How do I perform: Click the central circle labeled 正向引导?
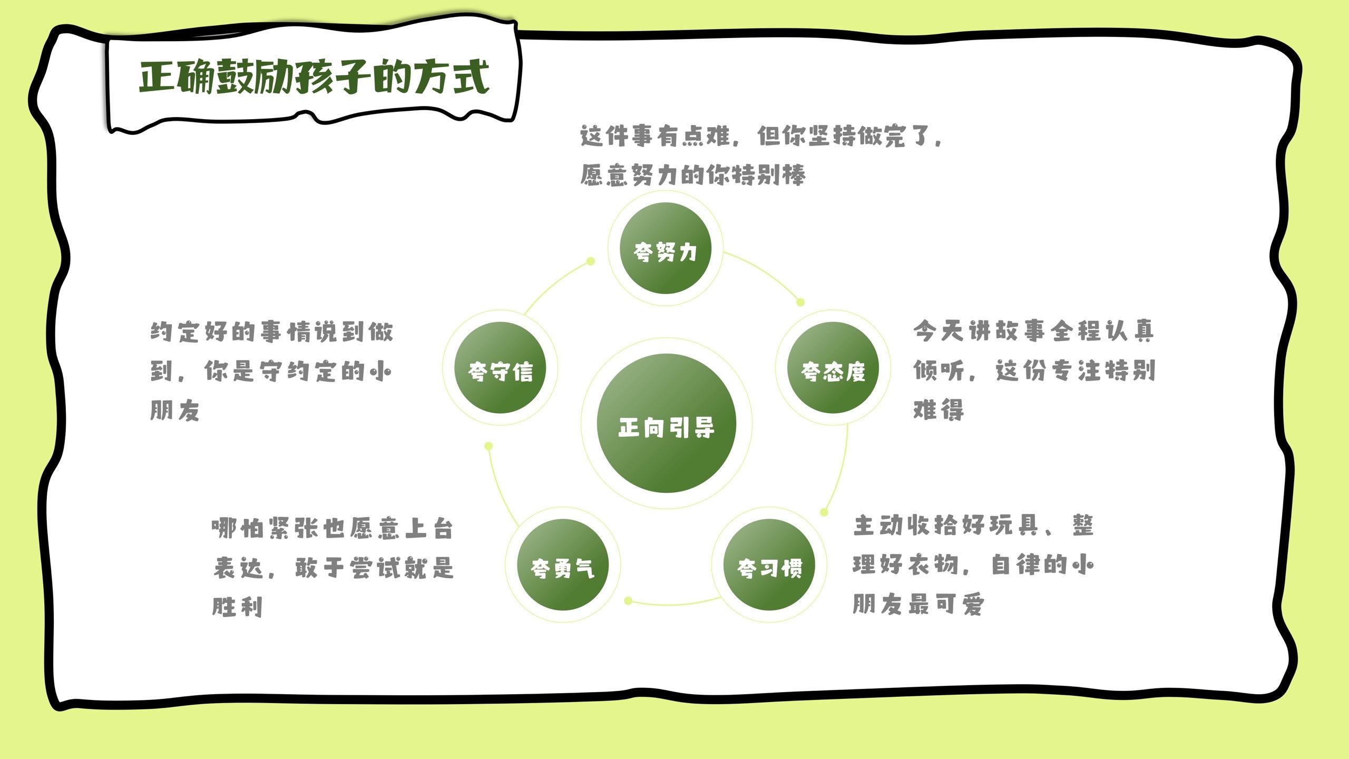666,423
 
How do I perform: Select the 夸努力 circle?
665,248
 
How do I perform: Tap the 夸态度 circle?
833,367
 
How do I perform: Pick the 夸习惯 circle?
769,565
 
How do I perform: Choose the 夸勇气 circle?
563,565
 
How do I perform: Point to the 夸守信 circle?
501,367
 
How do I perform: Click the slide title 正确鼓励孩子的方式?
315,77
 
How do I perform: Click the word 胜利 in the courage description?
238,607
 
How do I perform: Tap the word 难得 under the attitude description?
939,410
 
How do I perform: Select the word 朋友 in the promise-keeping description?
175,410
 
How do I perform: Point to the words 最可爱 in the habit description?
946,604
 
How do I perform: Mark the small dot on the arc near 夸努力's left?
591,261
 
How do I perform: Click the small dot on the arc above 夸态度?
800,302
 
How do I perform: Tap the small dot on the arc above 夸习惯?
824,512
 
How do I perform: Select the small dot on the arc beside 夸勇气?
628,600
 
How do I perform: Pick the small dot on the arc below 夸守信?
488,446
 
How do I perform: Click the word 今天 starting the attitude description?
939,331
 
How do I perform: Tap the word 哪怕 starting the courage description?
238,528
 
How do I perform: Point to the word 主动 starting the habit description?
878,526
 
